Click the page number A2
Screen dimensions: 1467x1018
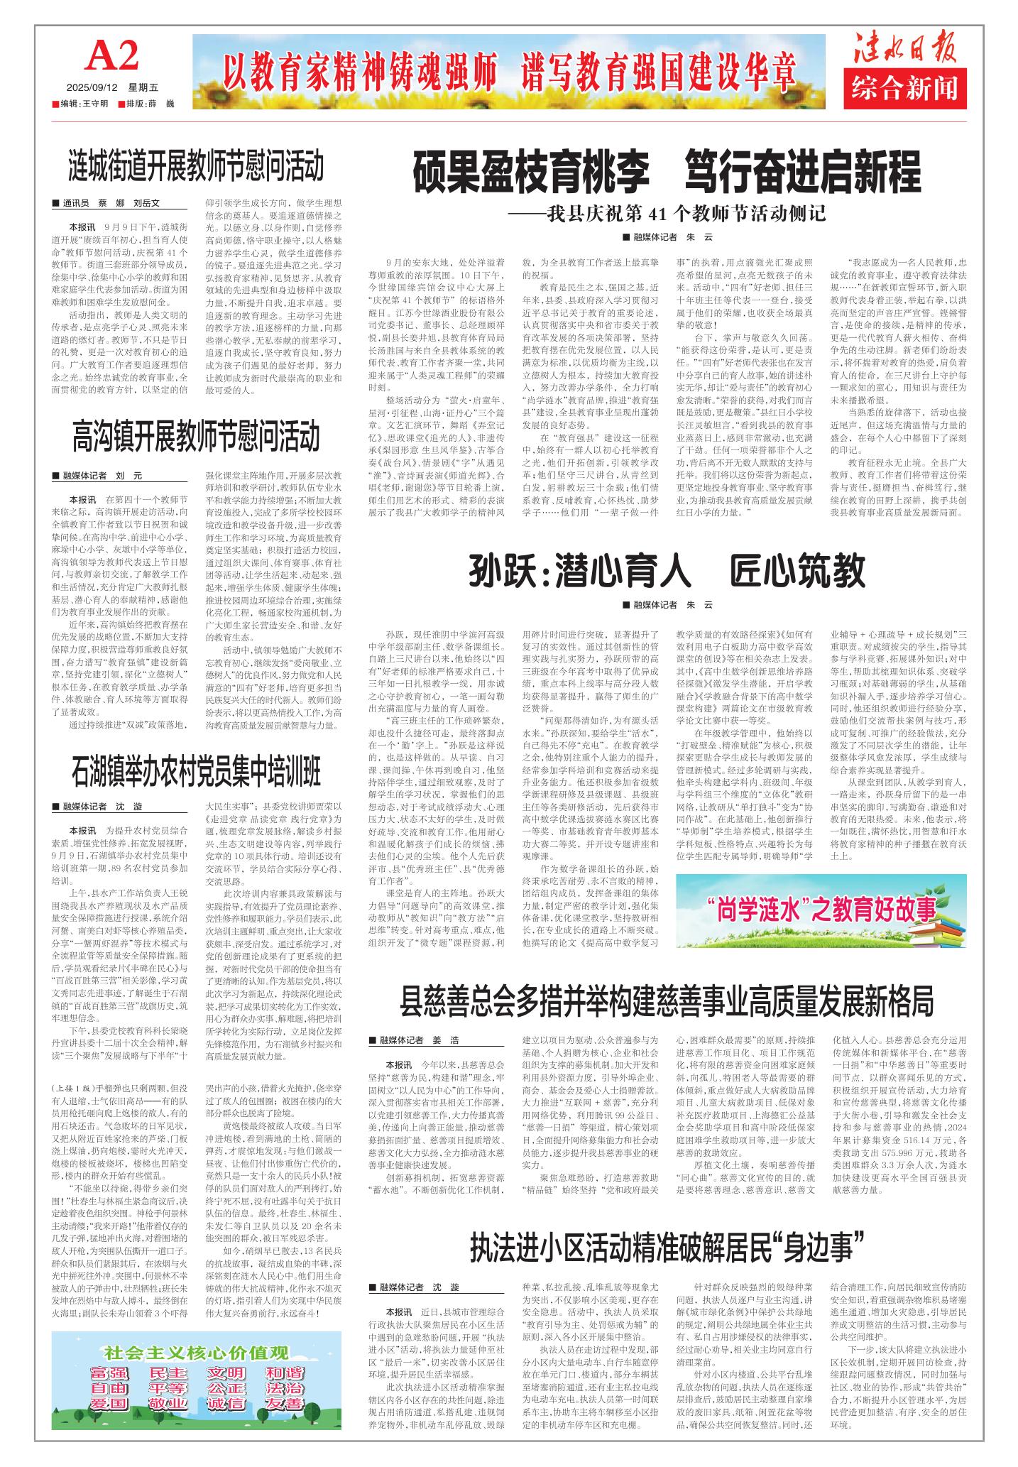pyautogui.click(x=111, y=56)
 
